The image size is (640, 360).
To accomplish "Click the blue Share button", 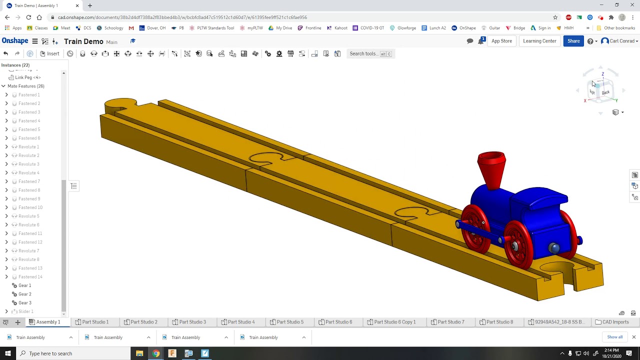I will tap(573, 41).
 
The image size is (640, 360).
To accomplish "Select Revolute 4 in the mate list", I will tap(28, 173).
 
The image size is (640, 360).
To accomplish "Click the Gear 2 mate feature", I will tap(24, 294).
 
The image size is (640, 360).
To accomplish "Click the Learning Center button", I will tap(539, 41).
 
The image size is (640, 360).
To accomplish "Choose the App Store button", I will tap(501, 41).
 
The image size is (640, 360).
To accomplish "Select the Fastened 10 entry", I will tap(30, 207).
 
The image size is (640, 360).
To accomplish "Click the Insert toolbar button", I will tap(49, 53).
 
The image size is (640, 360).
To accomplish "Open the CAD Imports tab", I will tap(611, 322).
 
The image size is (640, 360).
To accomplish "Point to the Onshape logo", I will tap(15, 41).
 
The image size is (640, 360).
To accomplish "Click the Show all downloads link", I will tap(614, 337).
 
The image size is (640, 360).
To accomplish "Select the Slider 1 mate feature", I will tap(25, 311).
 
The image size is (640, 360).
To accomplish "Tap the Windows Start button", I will tap(7, 353).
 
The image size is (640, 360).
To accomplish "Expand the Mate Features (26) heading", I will tap(3, 86).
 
